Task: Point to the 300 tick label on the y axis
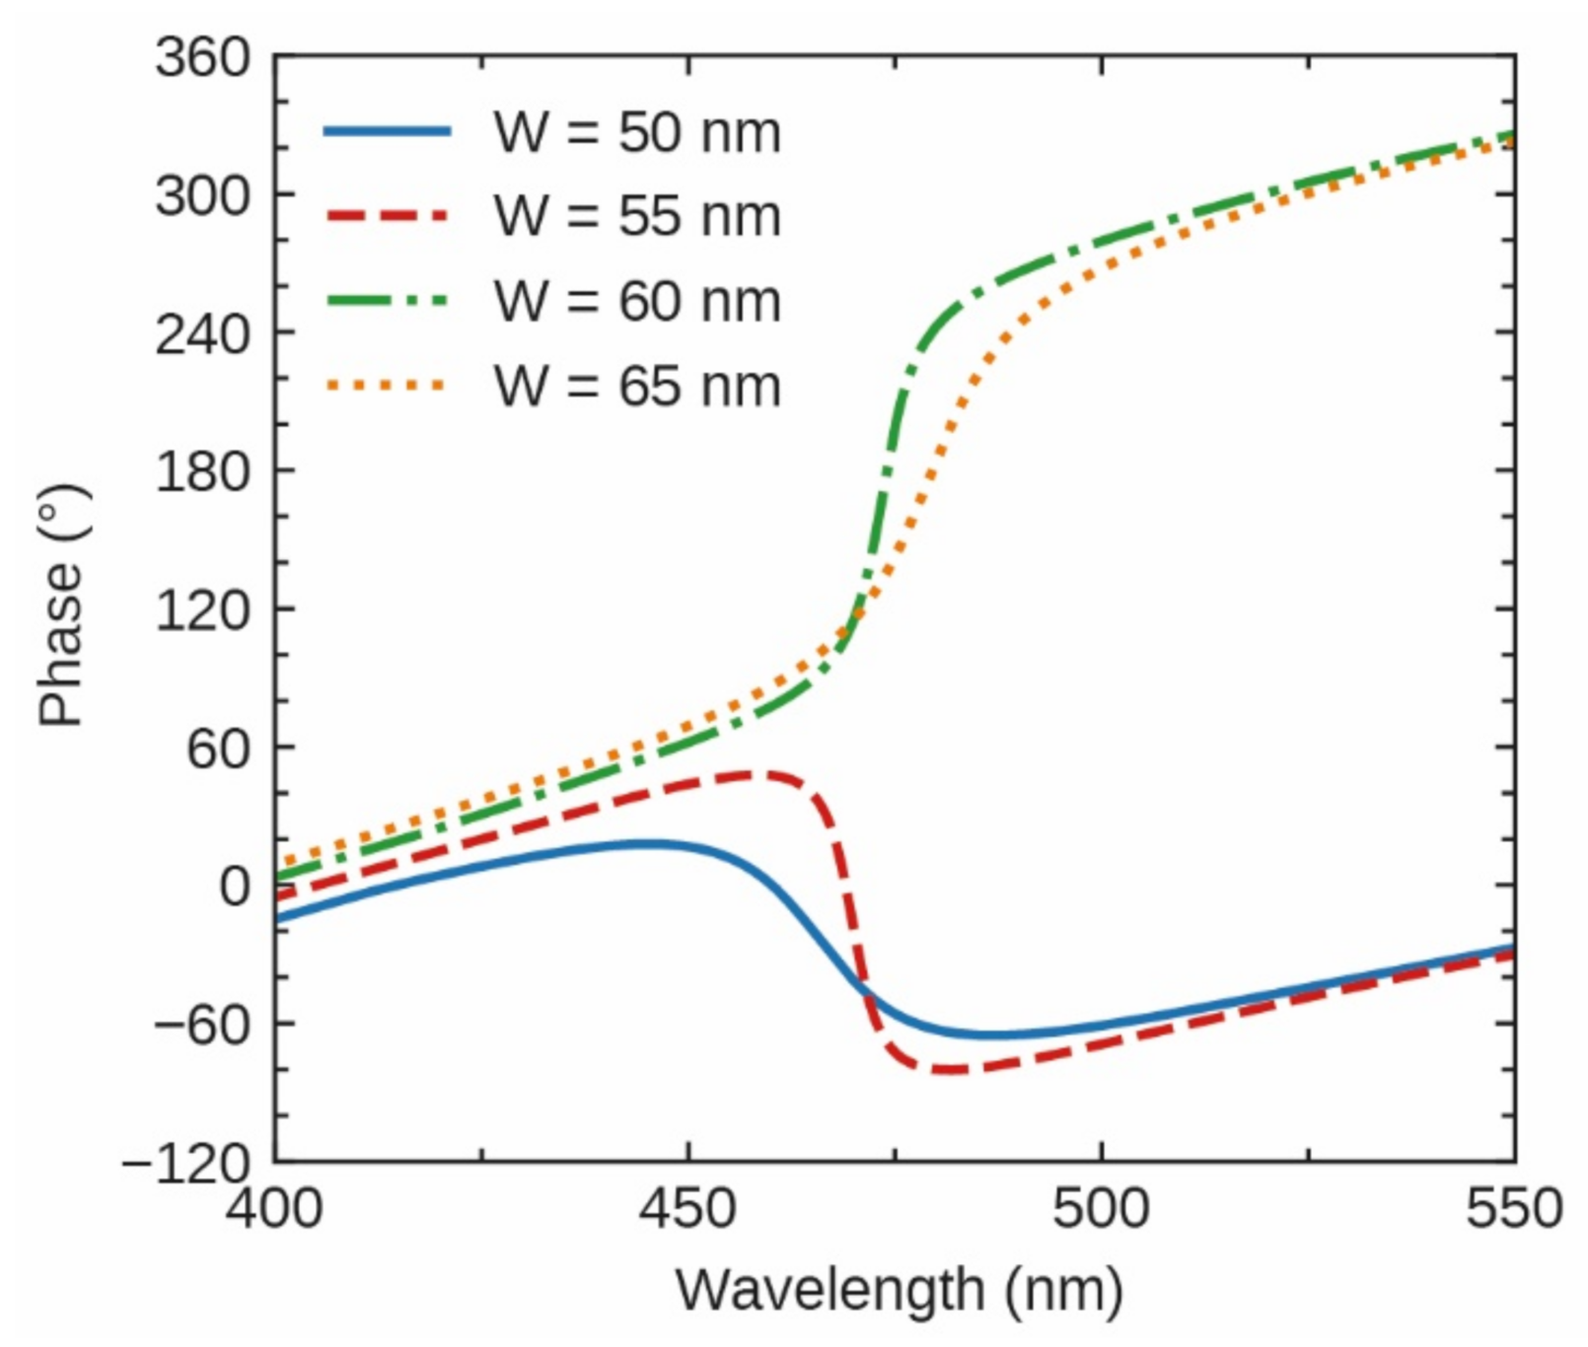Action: tap(203, 195)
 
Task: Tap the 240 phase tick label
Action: tap(203, 334)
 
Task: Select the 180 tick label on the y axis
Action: tap(203, 472)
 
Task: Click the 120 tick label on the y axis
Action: tap(203, 610)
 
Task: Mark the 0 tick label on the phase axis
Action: tap(235, 886)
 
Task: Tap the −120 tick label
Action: tap(187, 1164)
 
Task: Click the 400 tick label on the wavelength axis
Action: tap(274, 1207)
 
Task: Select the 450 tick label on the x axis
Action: tap(687, 1207)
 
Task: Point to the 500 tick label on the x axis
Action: tap(1101, 1207)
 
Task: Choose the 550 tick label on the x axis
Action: tap(1513, 1207)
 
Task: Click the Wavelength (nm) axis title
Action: tap(899, 1289)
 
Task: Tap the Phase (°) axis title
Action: tap(63, 605)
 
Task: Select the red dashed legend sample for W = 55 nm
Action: tap(388, 216)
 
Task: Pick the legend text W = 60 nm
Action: tap(637, 301)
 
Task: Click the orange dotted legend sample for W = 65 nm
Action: tap(388, 386)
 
